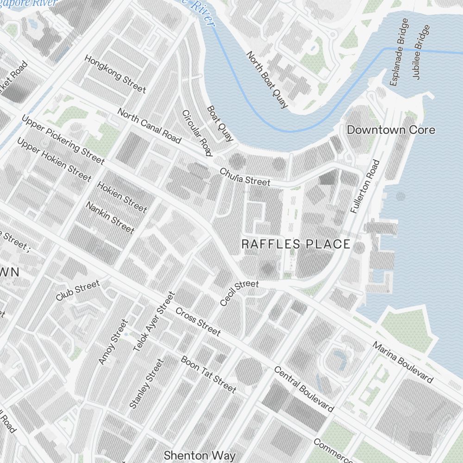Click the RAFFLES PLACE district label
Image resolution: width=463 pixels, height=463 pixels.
click(x=296, y=244)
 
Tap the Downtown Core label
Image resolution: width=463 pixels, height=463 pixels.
click(x=391, y=130)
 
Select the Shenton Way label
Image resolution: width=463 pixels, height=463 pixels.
click(x=200, y=455)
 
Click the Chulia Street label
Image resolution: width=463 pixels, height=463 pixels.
click(x=244, y=177)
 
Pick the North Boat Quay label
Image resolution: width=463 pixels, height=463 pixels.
click(x=267, y=80)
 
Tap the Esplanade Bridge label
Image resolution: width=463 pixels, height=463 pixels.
click(x=399, y=52)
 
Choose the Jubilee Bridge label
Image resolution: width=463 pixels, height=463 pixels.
click(x=421, y=52)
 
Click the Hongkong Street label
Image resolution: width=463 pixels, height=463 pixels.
click(x=115, y=74)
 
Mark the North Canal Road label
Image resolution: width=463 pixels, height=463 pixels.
click(x=149, y=126)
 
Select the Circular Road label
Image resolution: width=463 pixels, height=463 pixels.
click(x=197, y=133)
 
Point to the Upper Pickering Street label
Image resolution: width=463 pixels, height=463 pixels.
click(x=63, y=139)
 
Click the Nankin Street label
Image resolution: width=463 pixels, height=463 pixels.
click(x=110, y=217)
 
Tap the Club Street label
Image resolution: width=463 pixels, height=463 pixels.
click(x=77, y=291)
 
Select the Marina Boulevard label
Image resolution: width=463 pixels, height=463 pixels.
click(x=403, y=363)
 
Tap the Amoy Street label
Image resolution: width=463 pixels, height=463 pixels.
click(x=113, y=342)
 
